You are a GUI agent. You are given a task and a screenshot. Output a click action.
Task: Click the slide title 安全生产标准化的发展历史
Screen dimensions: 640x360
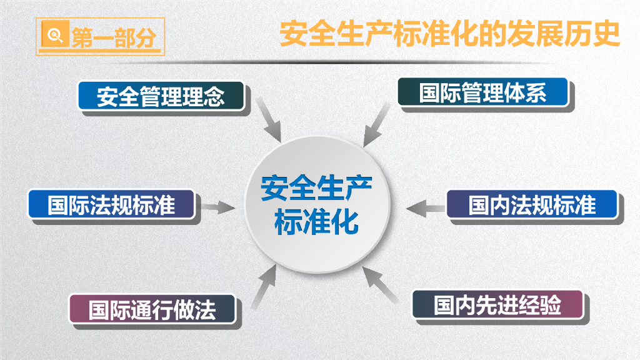(449, 35)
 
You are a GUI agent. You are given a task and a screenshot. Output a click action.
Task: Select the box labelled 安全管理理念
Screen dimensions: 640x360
(161, 96)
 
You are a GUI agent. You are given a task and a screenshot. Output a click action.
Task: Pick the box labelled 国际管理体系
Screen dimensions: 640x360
(482, 93)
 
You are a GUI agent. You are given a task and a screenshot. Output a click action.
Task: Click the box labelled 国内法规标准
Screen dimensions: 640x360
(532, 204)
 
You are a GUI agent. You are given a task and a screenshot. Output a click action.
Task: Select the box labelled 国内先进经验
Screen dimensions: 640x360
(497, 305)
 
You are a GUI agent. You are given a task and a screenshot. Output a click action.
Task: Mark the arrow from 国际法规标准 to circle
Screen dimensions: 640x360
(217, 207)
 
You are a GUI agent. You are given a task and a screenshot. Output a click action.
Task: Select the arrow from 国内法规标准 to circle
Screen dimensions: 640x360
(425, 206)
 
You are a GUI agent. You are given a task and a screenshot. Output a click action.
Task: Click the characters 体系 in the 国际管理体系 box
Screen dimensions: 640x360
(525, 93)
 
